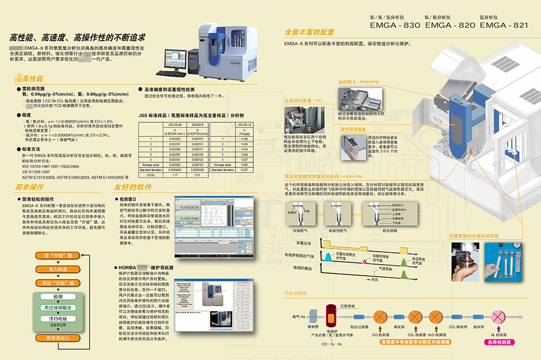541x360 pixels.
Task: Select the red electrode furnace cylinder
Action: coord(331,316)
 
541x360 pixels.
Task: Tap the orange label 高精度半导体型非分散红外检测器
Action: coord(415,342)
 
